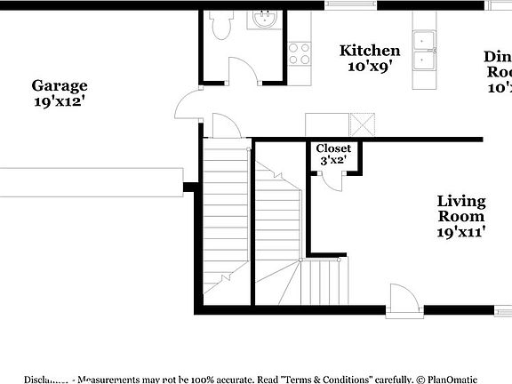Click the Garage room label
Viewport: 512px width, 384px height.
60,86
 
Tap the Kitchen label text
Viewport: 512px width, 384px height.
370,51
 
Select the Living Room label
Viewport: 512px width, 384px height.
460,209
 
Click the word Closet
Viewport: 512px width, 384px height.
333,148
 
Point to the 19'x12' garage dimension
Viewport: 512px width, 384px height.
60,101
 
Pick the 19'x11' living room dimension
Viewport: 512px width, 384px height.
460,232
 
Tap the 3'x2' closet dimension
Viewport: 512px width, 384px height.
332,161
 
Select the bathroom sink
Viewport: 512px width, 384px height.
265,18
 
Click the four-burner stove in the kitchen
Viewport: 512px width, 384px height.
300,53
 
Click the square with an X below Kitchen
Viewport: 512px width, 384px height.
360,124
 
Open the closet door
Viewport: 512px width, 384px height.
334,179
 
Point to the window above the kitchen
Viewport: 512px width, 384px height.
352,4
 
